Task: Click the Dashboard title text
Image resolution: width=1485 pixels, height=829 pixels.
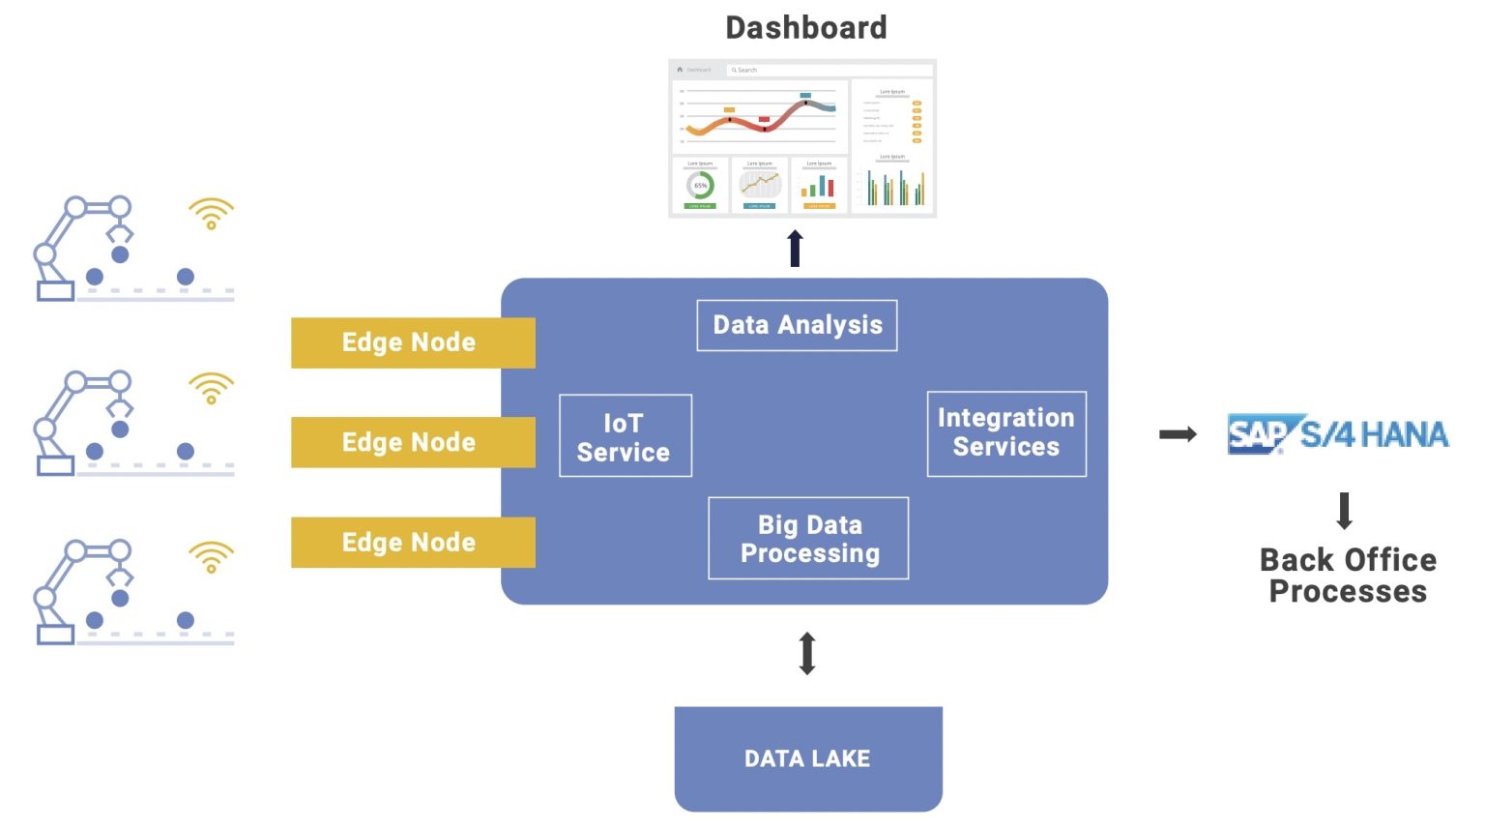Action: tap(805, 28)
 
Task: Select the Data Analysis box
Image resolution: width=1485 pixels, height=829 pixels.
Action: tap(797, 325)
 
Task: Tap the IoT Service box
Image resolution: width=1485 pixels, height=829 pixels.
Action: tap(625, 436)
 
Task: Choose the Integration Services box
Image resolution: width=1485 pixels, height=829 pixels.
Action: tap(1005, 433)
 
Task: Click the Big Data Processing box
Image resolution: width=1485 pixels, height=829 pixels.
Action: tap(808, 539)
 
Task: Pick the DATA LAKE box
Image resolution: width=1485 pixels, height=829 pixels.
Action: tap(807, 758)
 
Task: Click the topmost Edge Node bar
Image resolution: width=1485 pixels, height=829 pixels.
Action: tap(412, 342)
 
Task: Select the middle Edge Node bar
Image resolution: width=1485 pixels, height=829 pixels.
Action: tap(412, 442)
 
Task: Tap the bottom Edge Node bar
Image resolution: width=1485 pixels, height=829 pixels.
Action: tap(412, 542)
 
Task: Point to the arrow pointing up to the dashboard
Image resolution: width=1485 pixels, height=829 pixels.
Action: tap(795, 248)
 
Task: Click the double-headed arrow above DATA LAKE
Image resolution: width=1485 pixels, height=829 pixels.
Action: tap(807, 653)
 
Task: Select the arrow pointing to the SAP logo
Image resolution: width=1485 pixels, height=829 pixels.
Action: tap(1178, 434)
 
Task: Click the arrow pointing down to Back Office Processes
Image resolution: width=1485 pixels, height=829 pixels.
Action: tap(1344, 511)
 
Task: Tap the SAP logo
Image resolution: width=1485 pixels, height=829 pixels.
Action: tap(1257, 434)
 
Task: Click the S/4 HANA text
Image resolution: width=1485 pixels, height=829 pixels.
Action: tap(1374, 435)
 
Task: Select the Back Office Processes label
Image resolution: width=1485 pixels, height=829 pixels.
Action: tap(1348, 576)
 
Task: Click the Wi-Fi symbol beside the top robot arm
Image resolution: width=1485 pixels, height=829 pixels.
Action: tap(211, 213)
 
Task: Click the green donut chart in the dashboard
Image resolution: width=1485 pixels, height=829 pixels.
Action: tap(700, 185)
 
